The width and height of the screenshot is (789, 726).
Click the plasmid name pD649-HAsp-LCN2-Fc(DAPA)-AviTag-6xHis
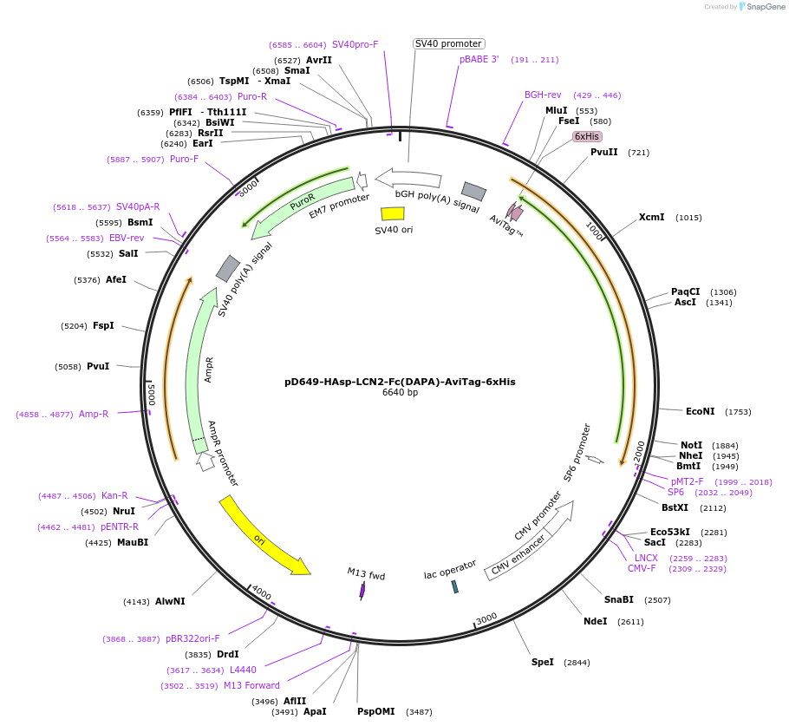[x=400, y=382]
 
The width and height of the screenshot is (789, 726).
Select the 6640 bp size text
[x=400, y=393]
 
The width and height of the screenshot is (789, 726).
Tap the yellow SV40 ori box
[x=393, y=213]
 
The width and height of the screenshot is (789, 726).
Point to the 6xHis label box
[x=587, y=136]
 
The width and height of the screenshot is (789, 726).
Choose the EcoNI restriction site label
[x=700, y=411]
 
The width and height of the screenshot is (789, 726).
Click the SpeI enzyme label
[x=543, y=662]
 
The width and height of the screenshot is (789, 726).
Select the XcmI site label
[x=652, y=217]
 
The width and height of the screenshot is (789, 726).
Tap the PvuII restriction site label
[x=604, y=152]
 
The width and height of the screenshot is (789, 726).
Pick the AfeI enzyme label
[x=115, y=279]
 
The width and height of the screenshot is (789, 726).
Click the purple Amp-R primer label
[x=94, y=414]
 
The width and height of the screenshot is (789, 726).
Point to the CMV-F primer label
[x=642, y=568]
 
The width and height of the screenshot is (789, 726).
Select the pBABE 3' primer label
[x=479, y=60]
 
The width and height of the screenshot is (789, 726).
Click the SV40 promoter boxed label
[x=448, y=43]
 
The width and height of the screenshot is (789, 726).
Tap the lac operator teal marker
[x=454, y=586]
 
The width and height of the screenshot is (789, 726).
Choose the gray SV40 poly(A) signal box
[x=228, y=268]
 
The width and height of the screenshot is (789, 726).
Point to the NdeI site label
[x=596, y=621]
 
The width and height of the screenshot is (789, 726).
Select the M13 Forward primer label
[x=251, y=685]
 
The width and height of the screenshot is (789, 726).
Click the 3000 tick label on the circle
[x=486, y=618]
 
